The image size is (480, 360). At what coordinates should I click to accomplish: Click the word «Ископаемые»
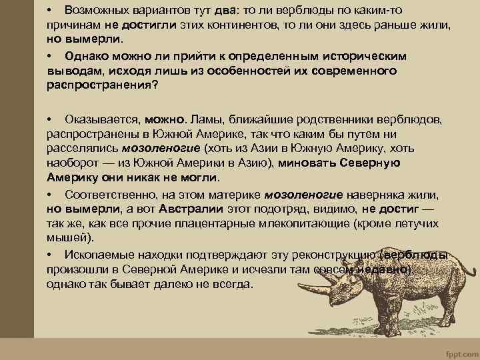tap(99, 255)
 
